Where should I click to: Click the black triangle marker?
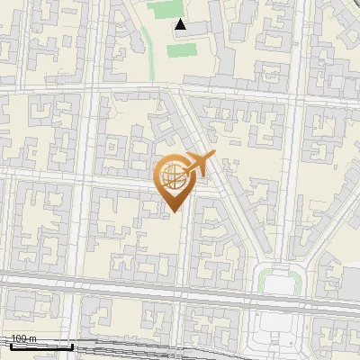pyautogui.click(x=182, y=25)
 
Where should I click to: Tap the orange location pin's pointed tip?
pyautogui.click(x=171, y=211)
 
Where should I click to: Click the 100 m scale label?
pyautogui.click(x=23, y=339)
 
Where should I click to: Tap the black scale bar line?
pyautogui.click(x=40, y=346)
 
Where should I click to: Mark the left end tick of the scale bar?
pyautogui.click(x=10, y=346)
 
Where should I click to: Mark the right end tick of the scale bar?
pyautogui.click(x=72, y=346)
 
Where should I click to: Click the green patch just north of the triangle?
pyautogui.click(x=163, y=10)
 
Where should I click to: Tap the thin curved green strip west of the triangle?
pyautogui.click(x=145, y=40)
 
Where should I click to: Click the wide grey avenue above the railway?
pyautogui.click(x=135, y=285)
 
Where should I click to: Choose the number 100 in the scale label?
pyautogui.click(x=18, y=339)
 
